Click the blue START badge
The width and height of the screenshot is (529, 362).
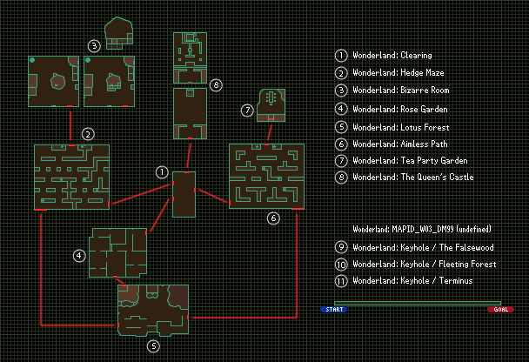point(333,309)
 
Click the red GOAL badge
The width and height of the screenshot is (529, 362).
point(500,309)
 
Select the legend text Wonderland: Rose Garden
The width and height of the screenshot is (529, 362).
point(389,109)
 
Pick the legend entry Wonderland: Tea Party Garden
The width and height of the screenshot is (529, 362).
point(398,161)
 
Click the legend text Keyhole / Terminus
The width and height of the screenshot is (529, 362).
point(425,280)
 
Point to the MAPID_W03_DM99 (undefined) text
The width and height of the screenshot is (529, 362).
point(422,229)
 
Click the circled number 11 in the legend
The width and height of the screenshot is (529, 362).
point(341,280)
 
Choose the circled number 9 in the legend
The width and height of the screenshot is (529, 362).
point(341,246)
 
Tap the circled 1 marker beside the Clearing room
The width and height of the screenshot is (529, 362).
point(161,172)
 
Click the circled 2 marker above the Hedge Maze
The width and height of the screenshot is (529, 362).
point(88,134)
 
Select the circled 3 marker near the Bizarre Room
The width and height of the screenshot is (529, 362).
point(94,45)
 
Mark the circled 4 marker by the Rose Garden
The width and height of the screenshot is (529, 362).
point(79,255)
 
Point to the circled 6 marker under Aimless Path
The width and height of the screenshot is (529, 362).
point(273,218)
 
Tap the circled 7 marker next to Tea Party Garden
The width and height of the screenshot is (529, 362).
point(247,111)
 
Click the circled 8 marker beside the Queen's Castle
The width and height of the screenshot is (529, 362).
point(216,84)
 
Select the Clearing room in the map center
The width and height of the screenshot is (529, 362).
point(184,194)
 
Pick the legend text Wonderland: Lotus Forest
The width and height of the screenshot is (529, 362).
point(389,126)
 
